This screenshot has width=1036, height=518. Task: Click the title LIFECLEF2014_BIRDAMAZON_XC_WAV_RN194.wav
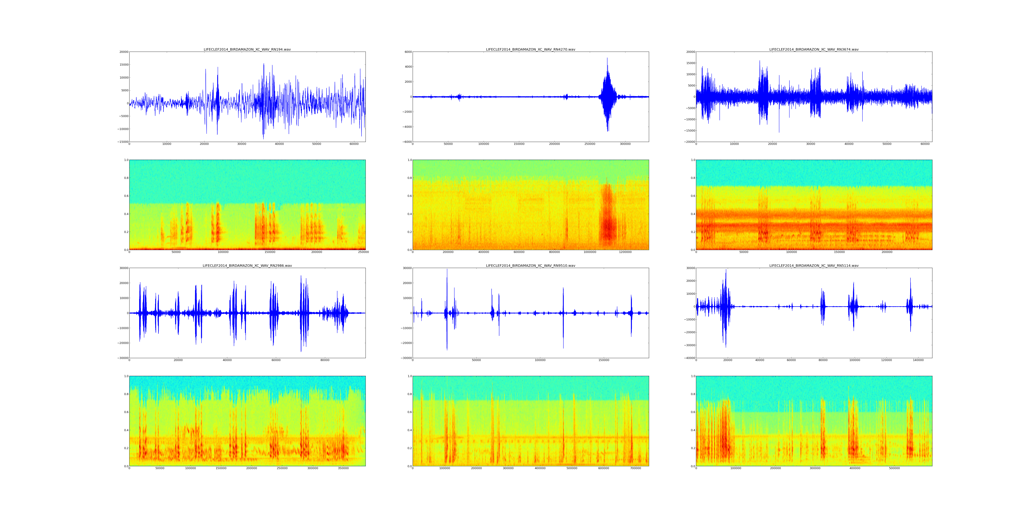[247, 49]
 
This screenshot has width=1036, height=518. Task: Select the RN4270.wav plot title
[530, 49]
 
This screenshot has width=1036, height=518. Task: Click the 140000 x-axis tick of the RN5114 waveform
[918, 360]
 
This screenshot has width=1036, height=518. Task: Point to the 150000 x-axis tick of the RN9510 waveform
[604, 360]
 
